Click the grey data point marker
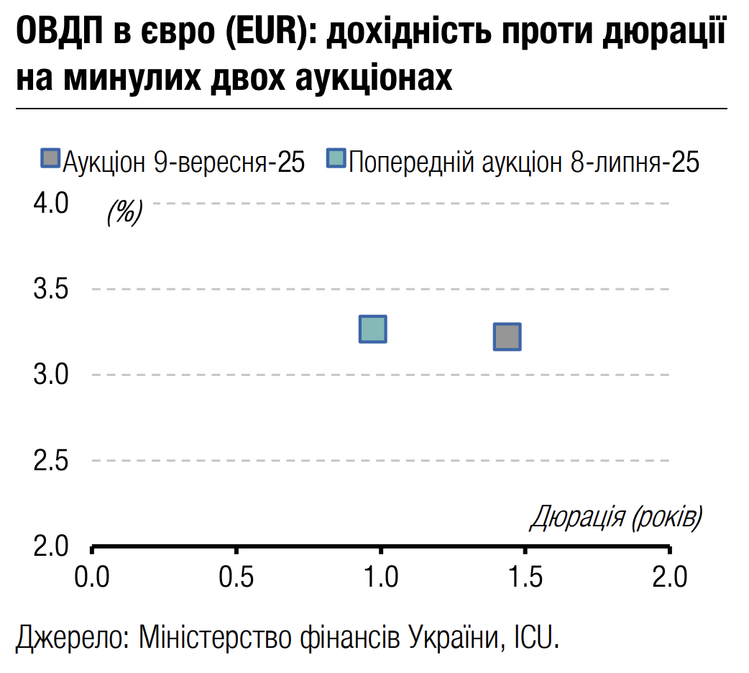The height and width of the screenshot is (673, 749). (507, 336)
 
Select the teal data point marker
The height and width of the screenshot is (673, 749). (372, 329)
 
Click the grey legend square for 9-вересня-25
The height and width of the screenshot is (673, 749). (50, 160)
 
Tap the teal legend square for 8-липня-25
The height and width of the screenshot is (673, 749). (336, 160)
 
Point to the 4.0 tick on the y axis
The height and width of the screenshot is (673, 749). (50, 203)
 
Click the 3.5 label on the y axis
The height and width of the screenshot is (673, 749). (50, 290)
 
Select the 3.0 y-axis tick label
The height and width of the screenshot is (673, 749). (50, 375)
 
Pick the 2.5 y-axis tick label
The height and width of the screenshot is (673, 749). (50, 460)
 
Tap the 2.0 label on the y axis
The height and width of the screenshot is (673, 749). (50, 546)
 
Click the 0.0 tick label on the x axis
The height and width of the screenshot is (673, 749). (92, 577)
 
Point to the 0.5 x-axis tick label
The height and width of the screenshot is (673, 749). (236, 577)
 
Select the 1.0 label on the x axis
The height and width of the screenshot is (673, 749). (380, 577)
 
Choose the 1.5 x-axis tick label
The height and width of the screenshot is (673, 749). (525, 577)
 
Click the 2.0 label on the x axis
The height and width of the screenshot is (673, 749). (669, 577)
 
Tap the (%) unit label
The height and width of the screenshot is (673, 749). (124, 211)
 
